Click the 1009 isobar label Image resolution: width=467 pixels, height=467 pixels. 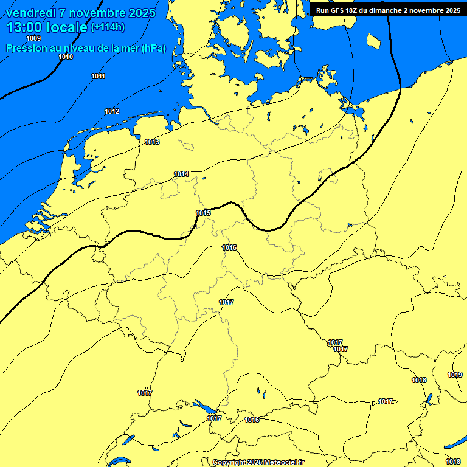click(34, 39)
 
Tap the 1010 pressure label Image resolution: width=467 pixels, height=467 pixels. click(66, 57)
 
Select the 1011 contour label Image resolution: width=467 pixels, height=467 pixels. click(98, 76)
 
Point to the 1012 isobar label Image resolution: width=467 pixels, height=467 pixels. click(112, 111)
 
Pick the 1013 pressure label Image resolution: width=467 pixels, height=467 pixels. click(152, 142)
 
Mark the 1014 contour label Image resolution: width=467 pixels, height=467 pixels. click(181, 174)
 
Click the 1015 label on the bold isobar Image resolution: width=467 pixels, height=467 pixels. click(204, 213)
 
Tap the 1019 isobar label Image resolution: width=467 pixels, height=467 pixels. click(455, 375)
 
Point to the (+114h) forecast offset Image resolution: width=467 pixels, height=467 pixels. click(109, 27)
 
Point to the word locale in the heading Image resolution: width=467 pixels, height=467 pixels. click(67, 28)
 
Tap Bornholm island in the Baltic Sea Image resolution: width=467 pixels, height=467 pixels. click(373, 41)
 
